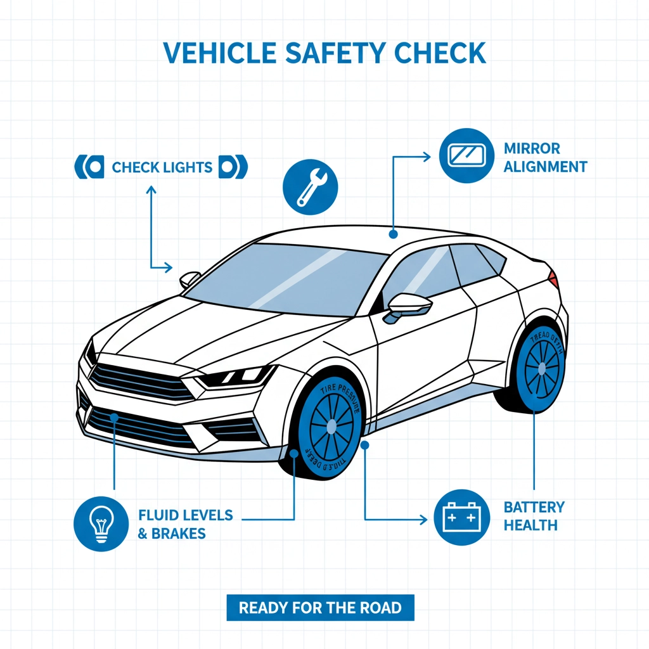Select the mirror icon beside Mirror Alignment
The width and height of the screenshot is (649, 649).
coord(466,156)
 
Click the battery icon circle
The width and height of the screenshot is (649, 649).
coord(461,518)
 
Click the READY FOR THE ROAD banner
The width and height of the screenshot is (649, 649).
coord(320,608)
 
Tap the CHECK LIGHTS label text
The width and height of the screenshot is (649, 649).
coord(162,167)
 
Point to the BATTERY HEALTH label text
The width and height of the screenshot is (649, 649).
coord(534,516)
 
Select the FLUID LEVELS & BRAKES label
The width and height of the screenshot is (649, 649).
coord(185,524)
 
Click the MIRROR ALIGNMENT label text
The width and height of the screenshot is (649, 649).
coord(545,158)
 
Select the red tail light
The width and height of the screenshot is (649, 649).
coord(553,277)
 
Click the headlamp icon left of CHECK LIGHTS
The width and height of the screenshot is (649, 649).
coord(89,167)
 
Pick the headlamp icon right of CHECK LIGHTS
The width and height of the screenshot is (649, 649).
coord(233,167)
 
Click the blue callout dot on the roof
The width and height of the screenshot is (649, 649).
coord(394,234)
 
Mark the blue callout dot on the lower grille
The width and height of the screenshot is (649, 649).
coord(115,417)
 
